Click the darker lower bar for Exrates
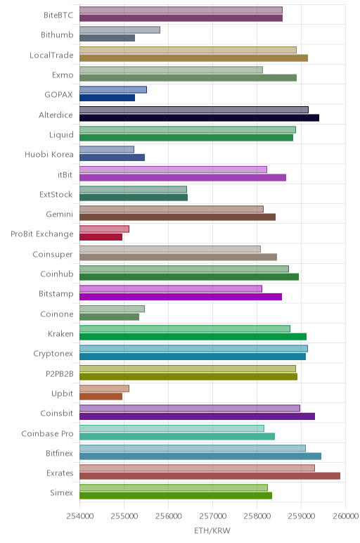click(x=210, y=475)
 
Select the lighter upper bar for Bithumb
click(x=120, y=30)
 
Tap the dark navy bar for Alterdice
click(x=200, y=117)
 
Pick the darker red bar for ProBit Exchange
click(x=101, y=237)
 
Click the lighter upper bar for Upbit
click(x=104, y=388)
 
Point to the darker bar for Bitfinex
click(x=200, y=456)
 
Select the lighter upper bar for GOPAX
click(x=113, y=90)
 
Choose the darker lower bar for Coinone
click(x=110, y=317)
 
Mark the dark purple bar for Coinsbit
click(x=198, y=416)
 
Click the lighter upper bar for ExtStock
click(x=134, y=189)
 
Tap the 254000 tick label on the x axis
click(x=79, y=516)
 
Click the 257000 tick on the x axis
click(x=212, y=516)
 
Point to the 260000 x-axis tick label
click(x=345, y=516)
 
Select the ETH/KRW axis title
click(x=212, y=530)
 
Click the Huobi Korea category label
click(x=49, y=155)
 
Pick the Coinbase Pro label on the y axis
click(x=47, y=433)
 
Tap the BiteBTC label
click(x=58, y=15)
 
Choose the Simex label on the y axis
click(x=62, y=493)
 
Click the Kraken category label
click(x=60, y=334)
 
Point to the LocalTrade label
click(x=51, y=56)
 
